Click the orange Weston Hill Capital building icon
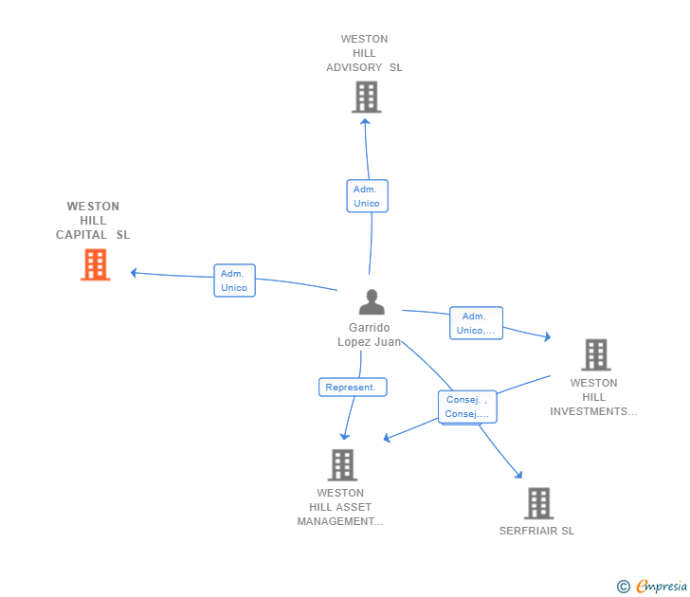point(95,264)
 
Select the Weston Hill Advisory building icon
point(366,97)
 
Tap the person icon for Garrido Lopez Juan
point(372,302)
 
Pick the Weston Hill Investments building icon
point(595,354)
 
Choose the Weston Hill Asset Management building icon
point(342,464)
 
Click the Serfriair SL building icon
point(538,503)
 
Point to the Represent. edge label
point(352,387)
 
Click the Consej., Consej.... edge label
point(466,407)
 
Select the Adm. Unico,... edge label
point(476,323)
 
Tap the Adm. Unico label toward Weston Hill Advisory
point(367,196)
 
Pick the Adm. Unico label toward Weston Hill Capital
point(234,280)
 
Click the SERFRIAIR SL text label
point(536,531)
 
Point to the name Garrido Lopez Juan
point(370,335)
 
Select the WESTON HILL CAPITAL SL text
point(93,221)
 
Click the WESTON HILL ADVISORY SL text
point(365,54)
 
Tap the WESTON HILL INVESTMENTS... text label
point(594,397)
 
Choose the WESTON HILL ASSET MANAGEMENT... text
point(340,507)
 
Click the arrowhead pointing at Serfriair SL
point(517,474)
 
